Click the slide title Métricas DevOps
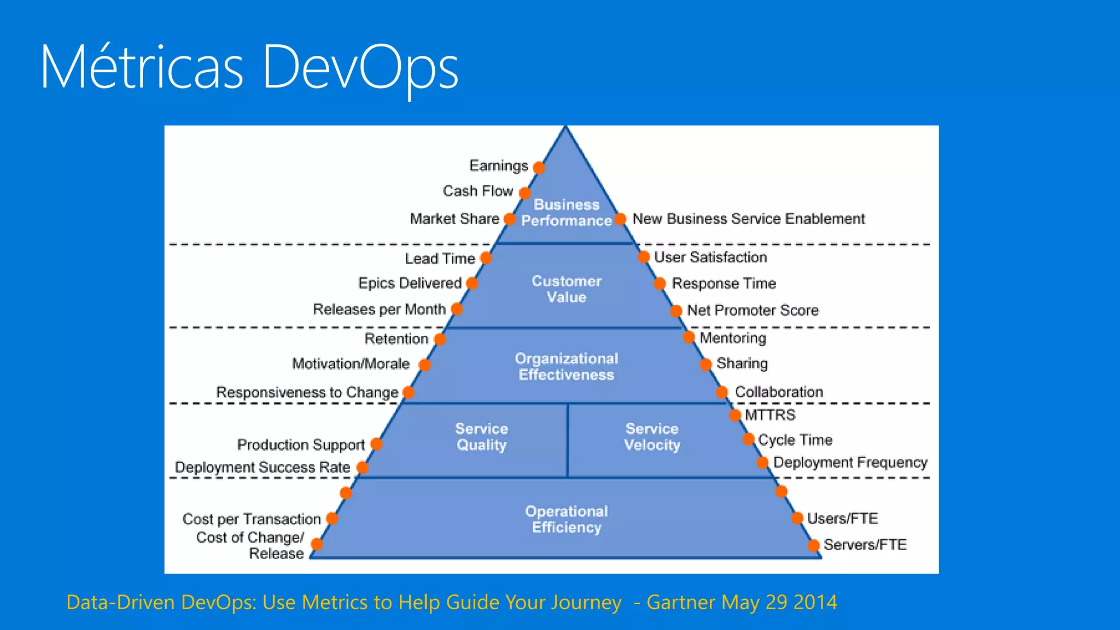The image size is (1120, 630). pyautogui.click(x=249, y=68)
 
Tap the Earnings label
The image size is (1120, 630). pyautogui.click(x=498, y=166)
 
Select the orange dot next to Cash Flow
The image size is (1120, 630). pyautogui.click(x=525, y=193)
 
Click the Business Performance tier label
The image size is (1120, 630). pyautogui.click(x=566, y=213)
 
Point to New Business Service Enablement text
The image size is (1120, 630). pyautogui.click(x=748, y=219)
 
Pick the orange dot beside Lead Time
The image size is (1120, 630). pyautogui.click(x=486, y=258)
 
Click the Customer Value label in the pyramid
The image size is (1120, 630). pyautogui.click(x=567, y=289)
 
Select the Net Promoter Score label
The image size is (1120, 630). pyautogui.click(x=752, y=311)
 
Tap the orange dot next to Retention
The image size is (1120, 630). pyautogui.click(x=440, y=339)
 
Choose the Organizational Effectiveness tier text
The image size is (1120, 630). pyautogui.click(x=567, y=366)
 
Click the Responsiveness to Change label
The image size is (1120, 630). pyautogui.click(x=307, y=393)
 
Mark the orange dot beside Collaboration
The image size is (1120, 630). pyautogui.click(x=722, y=392)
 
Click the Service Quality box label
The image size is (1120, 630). pyautogui.click(x=482, y=437)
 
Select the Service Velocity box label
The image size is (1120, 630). pyautogui.click(x=652, y=437)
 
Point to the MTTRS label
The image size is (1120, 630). pyautogui.click(x=770, y=415)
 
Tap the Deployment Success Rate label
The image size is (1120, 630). pyautogui.click(x=262, y=468)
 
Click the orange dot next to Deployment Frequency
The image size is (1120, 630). pyautogui.click(x=763, y=463)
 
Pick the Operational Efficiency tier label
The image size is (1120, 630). pyautogui.click(x=567, y=519)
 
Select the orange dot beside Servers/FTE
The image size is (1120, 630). pyautogui.click(x=814, y=545)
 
